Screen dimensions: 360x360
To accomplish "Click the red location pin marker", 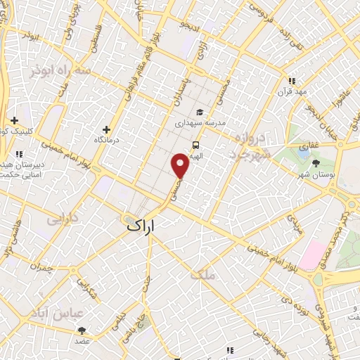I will tap(181, 167).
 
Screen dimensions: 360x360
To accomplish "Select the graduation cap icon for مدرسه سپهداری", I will tap(200, 112).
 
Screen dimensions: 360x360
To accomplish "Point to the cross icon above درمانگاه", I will tap(106, 129).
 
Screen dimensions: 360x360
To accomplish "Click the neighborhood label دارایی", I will tap(63, 219).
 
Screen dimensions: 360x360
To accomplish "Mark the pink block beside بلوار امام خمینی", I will tap(316, 257).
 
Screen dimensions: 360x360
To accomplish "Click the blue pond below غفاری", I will tap(304, 149).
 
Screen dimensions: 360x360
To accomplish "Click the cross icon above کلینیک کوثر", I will tap(14, 120).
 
